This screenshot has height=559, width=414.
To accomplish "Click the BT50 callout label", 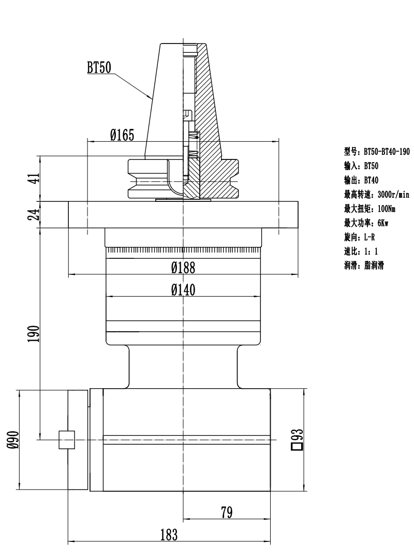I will click(99, 67).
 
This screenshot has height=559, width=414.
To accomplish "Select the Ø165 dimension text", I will click(122, 136).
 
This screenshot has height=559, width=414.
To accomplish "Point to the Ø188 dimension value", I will click(183, 268).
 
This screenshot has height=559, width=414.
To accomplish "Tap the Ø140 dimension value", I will click(183, 290).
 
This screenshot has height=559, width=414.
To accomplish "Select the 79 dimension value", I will click(226, 512).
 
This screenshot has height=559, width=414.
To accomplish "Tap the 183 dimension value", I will click(169, 535).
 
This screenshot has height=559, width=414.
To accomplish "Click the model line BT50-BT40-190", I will click(377, 153).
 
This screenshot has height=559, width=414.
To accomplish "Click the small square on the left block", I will click(67, 440).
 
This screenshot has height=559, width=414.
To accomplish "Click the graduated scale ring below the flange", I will click(183, 251).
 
